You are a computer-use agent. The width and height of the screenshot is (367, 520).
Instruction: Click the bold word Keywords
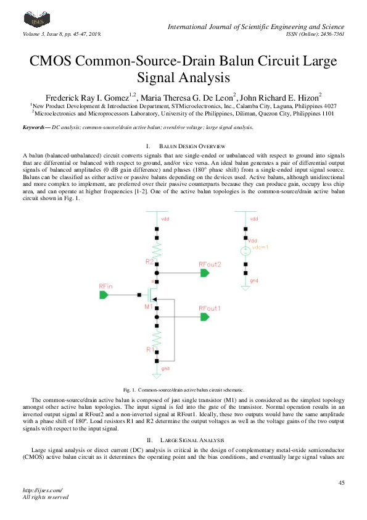click(x=36, y=127)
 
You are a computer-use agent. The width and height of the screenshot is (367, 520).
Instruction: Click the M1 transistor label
click(x=149, y=306)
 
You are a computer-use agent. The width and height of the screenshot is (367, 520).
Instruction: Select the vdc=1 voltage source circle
click(x=245, y=251)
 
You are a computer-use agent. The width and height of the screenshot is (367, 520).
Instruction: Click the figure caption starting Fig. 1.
click(x=183, y=390)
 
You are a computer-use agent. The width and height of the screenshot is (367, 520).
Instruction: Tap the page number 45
click(x=341, y=482)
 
